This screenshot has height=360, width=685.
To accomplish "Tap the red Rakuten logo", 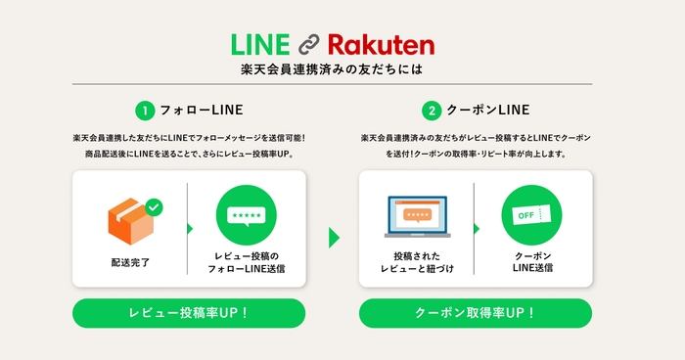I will coord(381,45).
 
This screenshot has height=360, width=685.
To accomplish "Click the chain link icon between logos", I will coord(310,45).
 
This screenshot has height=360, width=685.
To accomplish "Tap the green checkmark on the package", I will coord(154,206).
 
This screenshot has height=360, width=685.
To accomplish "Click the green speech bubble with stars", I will coord(247,215).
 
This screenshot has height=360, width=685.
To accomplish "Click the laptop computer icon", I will coord(417,216).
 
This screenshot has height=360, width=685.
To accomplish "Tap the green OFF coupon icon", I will coord(532,215).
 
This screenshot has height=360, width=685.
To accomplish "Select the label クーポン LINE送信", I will coord(532,261).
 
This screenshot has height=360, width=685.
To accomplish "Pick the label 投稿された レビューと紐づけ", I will coord(417,261).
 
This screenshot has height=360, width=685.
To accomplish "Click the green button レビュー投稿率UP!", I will coord(189,313).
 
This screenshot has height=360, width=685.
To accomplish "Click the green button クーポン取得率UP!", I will coord(476,313).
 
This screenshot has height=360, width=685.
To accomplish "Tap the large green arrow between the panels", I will coord(335,237).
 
